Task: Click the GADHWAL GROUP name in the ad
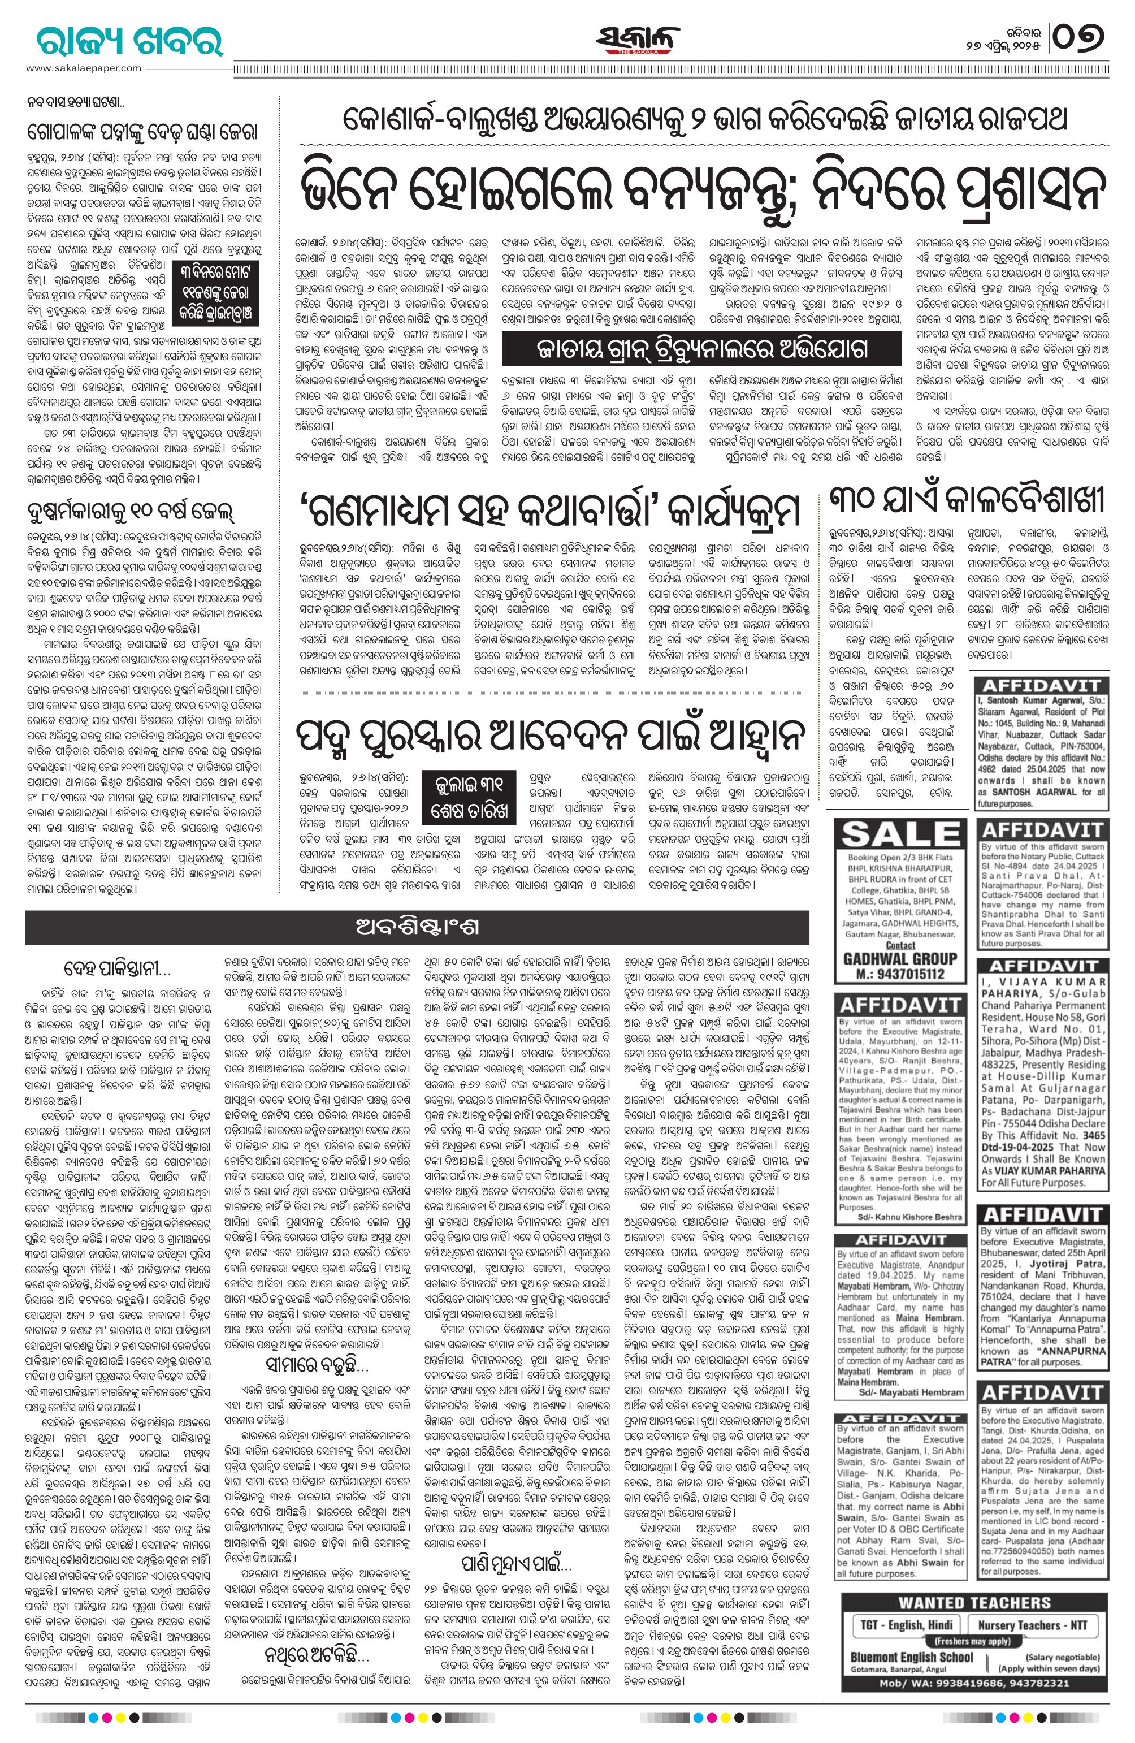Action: click(900, 959)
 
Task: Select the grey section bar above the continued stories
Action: click(417, 927)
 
